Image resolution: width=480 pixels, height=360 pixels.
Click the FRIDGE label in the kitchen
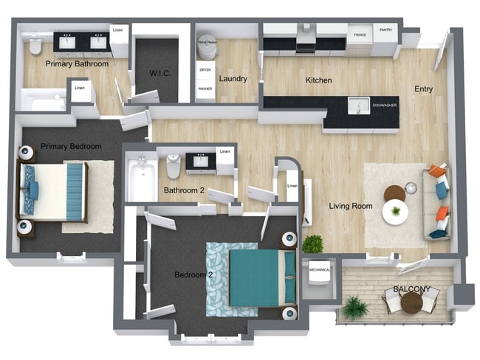tap(360, 35)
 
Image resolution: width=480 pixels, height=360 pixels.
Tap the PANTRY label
tap(385, 30)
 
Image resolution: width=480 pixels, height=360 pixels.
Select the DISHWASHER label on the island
tap(384, 105)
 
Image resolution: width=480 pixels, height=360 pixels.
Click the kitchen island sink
tap(358, 106)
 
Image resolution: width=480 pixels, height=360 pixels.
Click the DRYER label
tap(205, 70)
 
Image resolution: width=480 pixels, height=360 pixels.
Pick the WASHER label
tap(205, 89)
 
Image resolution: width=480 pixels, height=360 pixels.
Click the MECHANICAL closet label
tap(320, 270)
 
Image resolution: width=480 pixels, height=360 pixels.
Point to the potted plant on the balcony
tap(355, 307)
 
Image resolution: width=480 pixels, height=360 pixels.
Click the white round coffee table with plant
tap(395, 212)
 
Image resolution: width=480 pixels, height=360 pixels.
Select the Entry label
tap(423, 89)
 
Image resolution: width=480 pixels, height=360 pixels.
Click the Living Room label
tap(350, 206)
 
